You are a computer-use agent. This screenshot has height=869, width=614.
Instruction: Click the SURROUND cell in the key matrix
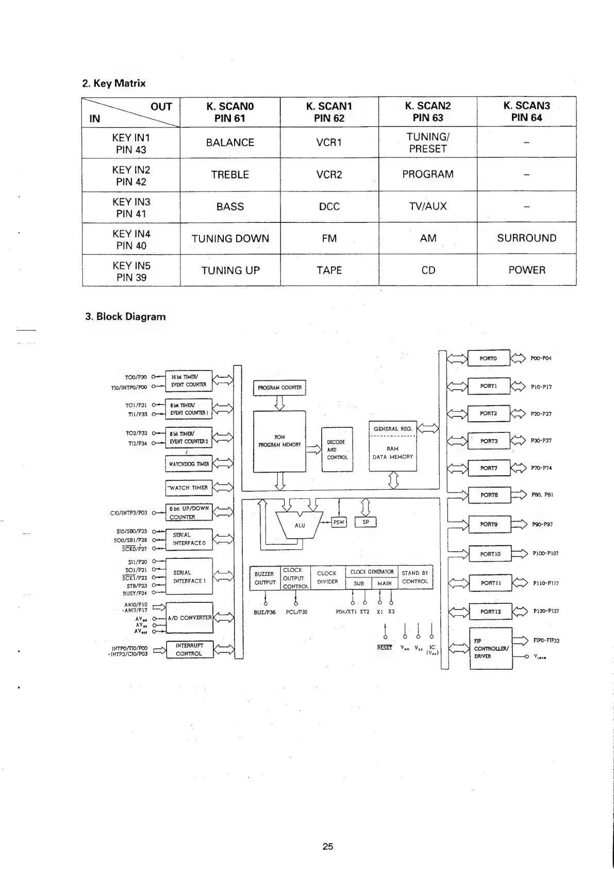526,238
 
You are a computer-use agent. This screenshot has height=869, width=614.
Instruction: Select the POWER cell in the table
526,270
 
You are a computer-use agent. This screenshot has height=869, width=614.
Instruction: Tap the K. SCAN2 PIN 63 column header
427,111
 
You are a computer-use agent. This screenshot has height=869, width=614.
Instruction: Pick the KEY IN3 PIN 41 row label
131,207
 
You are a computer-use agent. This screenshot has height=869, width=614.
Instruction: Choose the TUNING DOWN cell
230,238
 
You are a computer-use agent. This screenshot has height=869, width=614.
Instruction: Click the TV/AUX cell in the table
427,206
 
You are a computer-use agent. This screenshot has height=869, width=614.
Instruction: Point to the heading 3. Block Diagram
125,317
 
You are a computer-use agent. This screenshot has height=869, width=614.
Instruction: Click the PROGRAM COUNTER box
279,388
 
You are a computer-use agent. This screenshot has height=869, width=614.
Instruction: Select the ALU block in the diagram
300,525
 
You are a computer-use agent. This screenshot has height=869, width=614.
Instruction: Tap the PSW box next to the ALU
338,522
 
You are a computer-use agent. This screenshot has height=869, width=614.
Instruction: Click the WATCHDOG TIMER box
189,464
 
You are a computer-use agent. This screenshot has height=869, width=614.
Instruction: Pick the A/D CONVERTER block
189,618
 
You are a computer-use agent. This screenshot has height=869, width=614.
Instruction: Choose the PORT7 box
488,468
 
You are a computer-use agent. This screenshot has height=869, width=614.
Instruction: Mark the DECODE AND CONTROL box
337,449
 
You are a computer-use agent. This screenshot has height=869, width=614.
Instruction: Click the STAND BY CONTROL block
414,577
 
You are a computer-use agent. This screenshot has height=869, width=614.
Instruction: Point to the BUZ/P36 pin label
264,612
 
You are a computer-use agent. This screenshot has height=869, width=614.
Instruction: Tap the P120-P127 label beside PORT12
546,611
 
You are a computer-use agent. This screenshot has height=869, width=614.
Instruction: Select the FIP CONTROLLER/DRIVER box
490,649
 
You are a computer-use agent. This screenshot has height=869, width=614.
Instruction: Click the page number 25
328,846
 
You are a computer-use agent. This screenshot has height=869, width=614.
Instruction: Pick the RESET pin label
385,648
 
